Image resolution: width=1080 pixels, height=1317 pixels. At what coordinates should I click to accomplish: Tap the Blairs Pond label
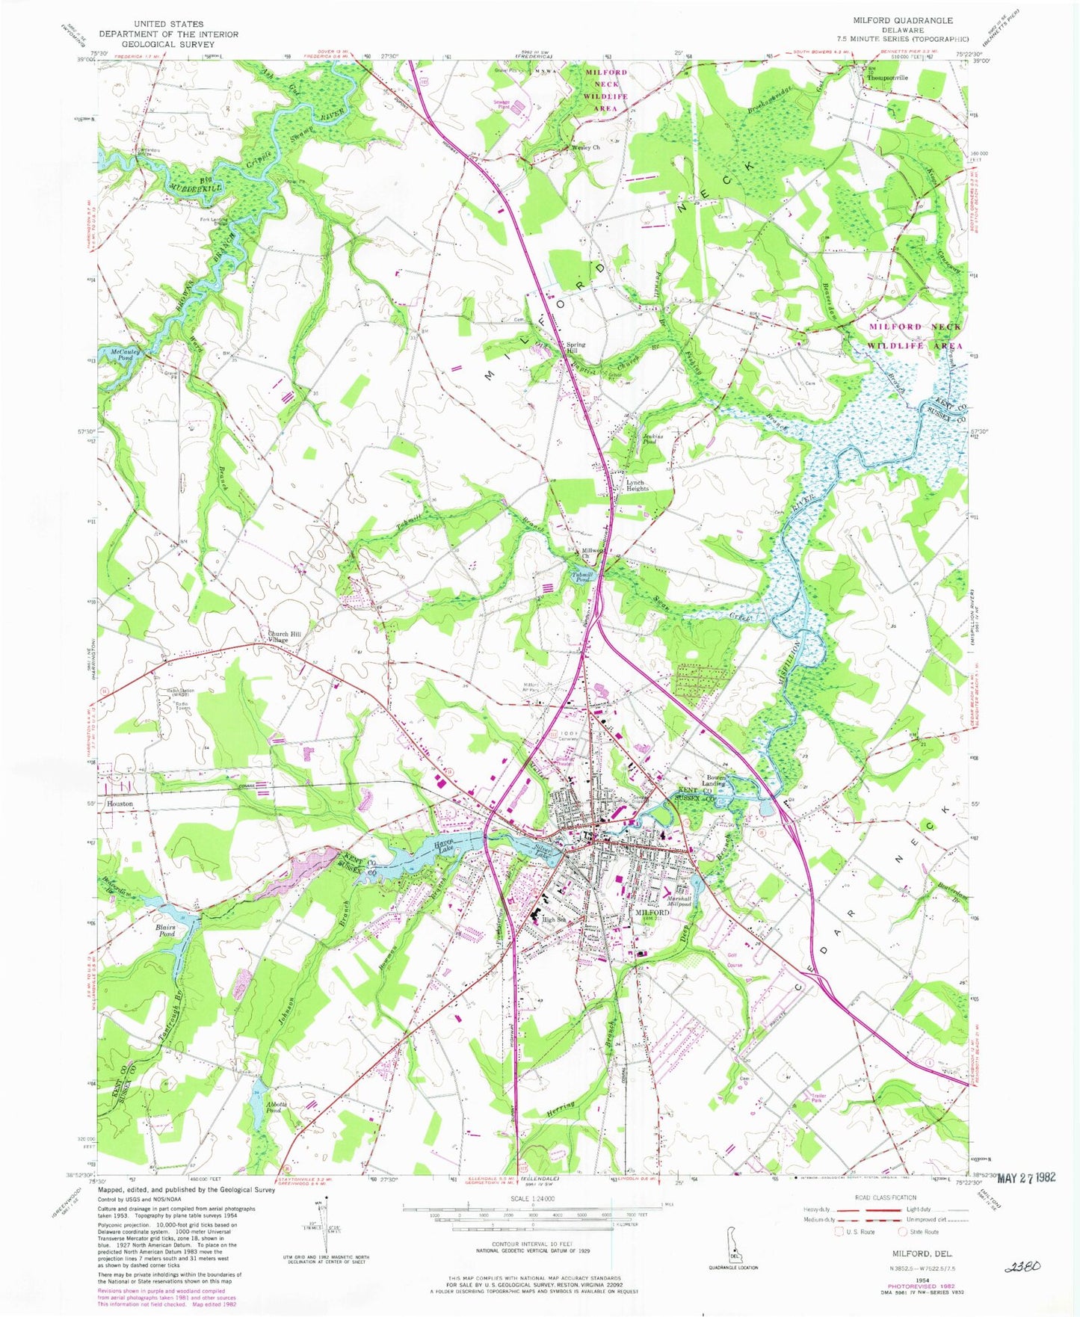tap(166, 931)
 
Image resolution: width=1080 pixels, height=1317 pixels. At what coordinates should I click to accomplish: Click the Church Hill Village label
tap(278, 638)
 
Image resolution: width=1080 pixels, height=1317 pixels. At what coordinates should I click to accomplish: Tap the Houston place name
tap(120, 804)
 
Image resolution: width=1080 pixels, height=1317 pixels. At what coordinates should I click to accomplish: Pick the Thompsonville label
tap(886, 78)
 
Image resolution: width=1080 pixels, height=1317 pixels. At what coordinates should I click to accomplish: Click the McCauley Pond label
tap(120, 354)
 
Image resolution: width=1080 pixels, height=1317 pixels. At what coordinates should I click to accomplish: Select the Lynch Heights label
tap(637, 485)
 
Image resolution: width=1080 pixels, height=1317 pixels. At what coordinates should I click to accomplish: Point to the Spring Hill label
tap(576, 348)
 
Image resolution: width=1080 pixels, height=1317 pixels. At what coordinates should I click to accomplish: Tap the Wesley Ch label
tap(585, 147)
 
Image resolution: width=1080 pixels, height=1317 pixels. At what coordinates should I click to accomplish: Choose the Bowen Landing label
tap(715, 781)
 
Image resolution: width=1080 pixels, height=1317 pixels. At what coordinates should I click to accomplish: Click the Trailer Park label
tap(820, 1099)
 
